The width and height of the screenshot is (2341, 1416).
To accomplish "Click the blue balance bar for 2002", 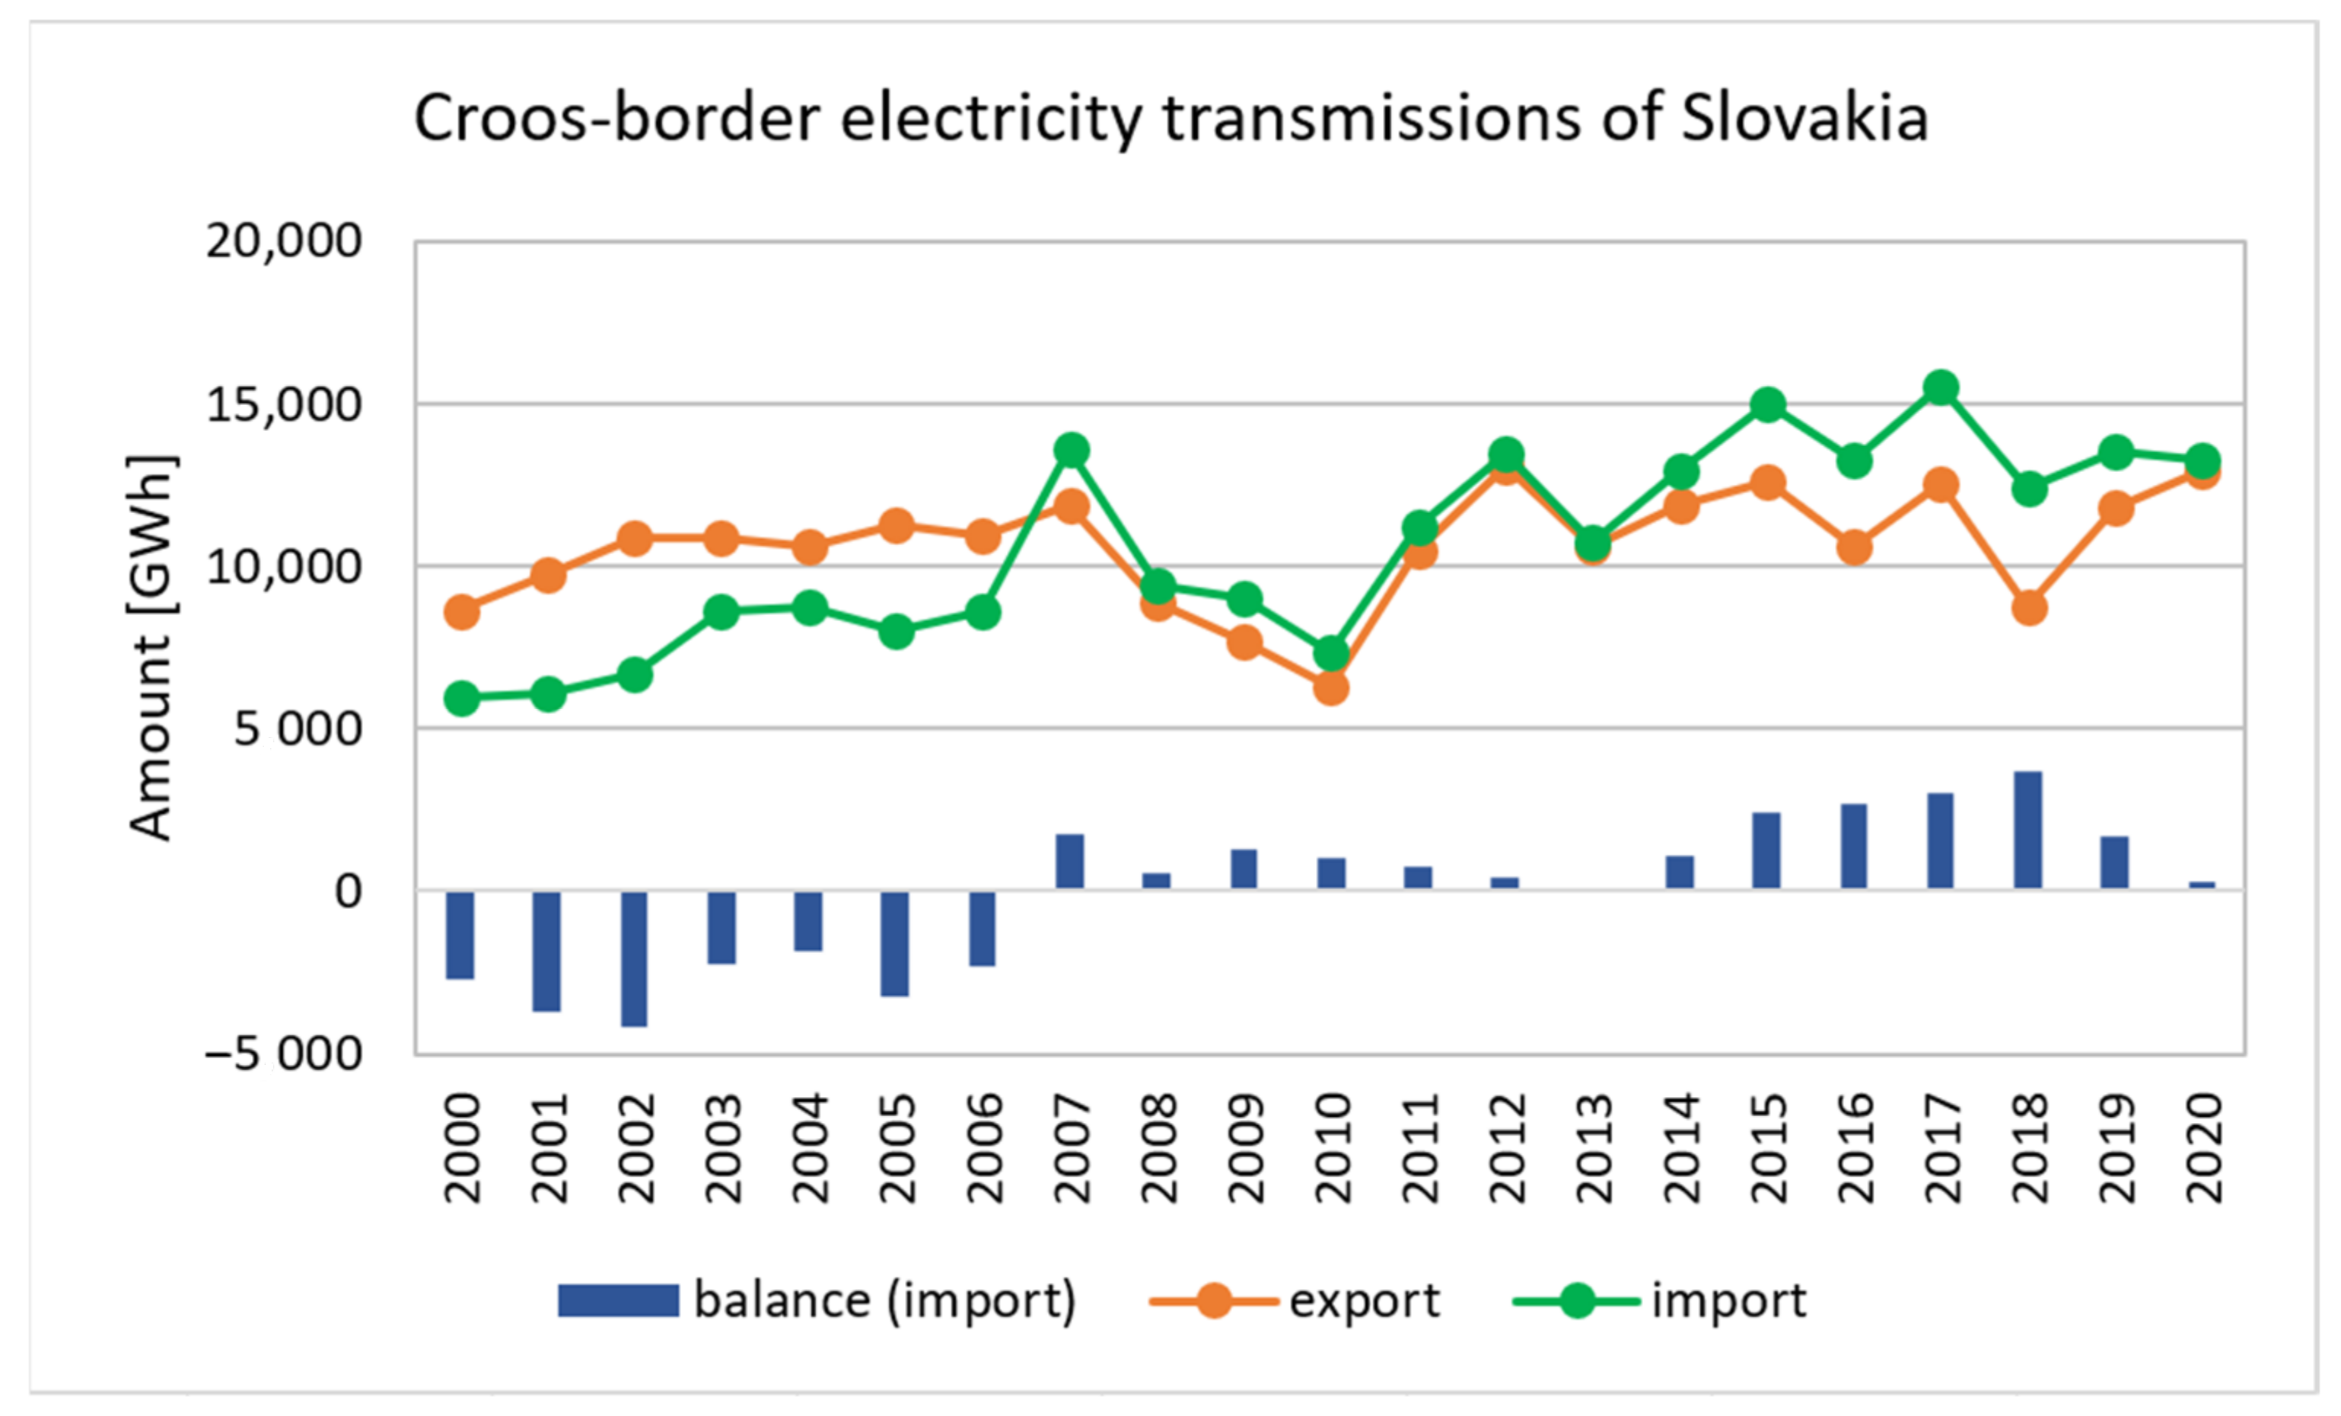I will click(x=634, y=958).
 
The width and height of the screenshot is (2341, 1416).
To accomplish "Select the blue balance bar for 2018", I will click(x=2027, y=830).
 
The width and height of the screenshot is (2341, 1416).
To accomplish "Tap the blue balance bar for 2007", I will click(x=1070, y=861).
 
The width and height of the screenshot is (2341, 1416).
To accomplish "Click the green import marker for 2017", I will click(x=1940, y=387).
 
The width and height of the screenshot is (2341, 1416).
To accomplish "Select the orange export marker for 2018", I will click(x=2028, y=606).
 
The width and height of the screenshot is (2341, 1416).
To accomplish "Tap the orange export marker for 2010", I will click(x=1331, y=686).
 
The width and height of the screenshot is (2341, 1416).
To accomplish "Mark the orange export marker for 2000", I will click(x=462, y=611).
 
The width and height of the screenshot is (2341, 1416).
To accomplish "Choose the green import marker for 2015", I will click(x=1767, y=405).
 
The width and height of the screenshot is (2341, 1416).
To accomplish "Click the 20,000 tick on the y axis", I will click(x=283, y=241).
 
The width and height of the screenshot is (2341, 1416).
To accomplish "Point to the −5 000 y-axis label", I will click(x=283, y=1053).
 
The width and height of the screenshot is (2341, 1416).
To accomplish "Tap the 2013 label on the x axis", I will click(x=1594, y=1148).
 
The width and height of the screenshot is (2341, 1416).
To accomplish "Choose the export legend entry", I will click(x=1363, y=1300).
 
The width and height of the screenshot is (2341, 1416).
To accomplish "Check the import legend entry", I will click(x=1728, y=1300).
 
